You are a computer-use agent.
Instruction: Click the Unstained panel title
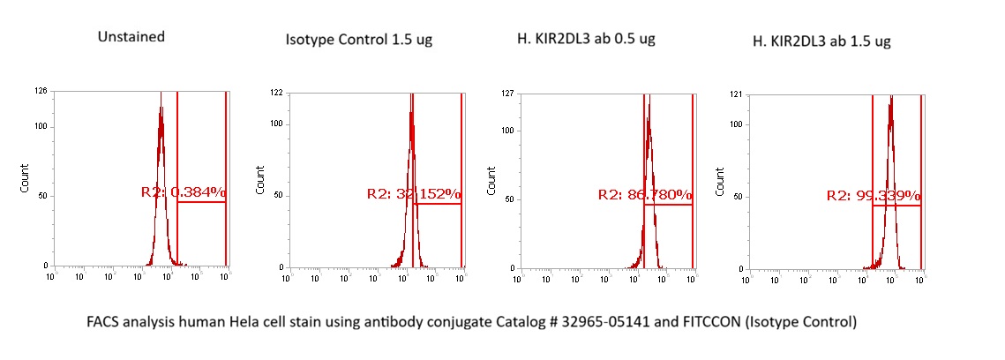132,37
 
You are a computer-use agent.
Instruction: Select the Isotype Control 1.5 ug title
358,40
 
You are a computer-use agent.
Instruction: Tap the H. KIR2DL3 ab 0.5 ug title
587,39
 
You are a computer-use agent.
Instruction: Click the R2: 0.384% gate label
184,191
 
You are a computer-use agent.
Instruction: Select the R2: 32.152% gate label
413,193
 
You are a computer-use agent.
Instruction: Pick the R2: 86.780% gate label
645,194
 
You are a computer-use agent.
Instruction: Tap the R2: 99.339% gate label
874,195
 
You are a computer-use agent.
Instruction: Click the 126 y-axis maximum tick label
41,91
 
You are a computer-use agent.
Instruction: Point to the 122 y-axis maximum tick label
275,92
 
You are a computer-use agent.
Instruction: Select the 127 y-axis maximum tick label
506,93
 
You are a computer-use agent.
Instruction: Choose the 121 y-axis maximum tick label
738,93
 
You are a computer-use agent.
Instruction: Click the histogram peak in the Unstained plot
161,110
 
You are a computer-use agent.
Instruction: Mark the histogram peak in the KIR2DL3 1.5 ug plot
891,99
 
